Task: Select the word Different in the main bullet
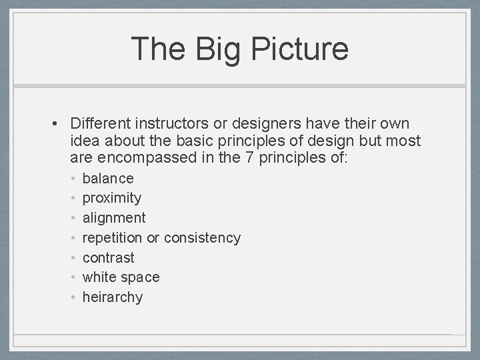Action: coord(99,124)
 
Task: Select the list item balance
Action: coord(108,179)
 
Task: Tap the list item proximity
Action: coord(111,198)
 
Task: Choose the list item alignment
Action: coord(113,218)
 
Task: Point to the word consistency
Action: coord(202,238)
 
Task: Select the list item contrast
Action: coord(108,258)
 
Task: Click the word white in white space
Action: coord(99,277)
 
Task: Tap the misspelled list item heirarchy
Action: coord(112,297)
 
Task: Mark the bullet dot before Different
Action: coord(59,124)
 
